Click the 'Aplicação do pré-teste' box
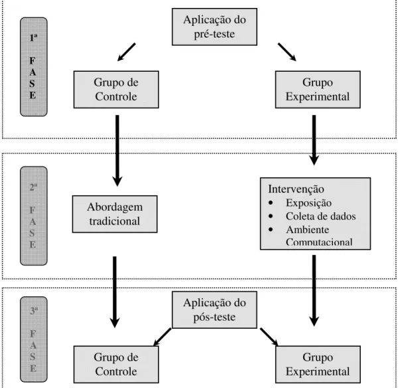point(214,27)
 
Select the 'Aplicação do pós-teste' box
point(214,310)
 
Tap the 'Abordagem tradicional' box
point(115,214)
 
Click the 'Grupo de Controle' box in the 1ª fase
point(116,90)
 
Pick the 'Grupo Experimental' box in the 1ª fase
point(318,90)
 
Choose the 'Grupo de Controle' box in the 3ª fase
point(116,364)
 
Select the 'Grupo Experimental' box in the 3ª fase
point(318,364)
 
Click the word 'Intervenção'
point(296,189)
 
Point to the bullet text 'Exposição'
point(308,203)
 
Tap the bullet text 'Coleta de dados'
point(320,217)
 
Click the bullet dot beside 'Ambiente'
point(271,229)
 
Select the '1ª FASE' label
point(34,66)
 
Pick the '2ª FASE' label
point(34,216)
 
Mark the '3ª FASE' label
point(34,339)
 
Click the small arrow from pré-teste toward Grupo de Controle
point(126,52)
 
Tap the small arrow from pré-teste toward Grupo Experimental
point(287,52)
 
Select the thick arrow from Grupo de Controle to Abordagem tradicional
point(117,151)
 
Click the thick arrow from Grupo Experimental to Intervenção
point(314,140)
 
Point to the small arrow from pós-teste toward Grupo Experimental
point(269,337)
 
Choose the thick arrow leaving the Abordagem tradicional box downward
point(115,292)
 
